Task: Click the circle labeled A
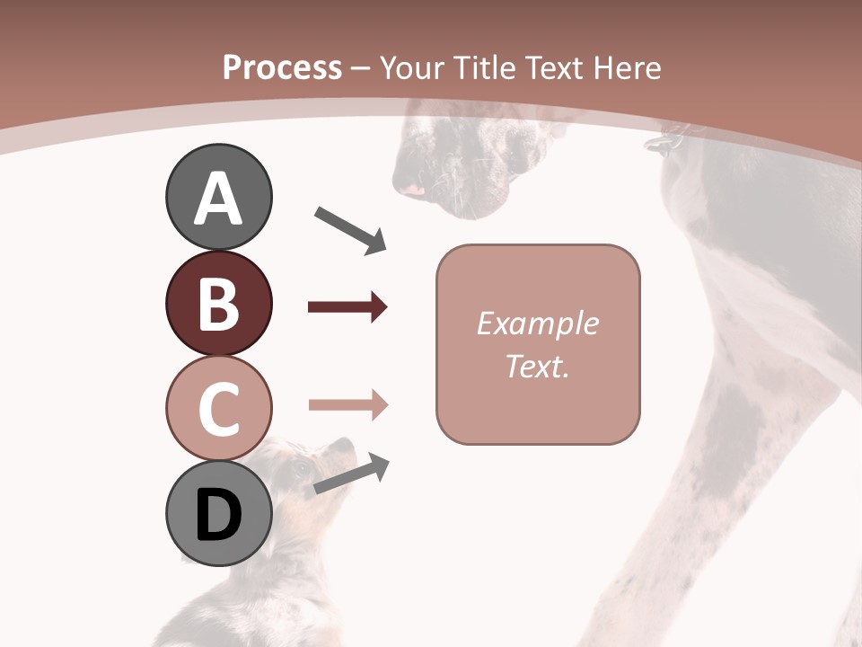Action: (x=218, y=197)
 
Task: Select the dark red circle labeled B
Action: (x=218, y=302)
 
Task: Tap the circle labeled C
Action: (x=218, y=408)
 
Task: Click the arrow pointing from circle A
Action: (x=350, y=230)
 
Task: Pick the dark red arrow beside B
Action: (x=347, y=307)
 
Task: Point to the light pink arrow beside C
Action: (x=347, y=405)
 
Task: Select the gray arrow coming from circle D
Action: (x=351, y=474)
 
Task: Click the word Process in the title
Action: (x=282, y=67)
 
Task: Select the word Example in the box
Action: (x=537, y=323)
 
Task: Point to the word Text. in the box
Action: (x=537, y=366)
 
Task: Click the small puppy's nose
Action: (x=346, y=442)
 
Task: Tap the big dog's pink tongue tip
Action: (x=413, y=190)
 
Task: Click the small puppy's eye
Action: (x=300, y=468)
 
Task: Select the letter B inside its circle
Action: (x=218, y=303)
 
